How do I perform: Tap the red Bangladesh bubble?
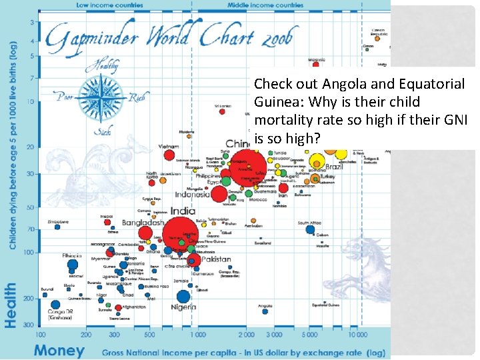pyautogui.click(x=145, y=233)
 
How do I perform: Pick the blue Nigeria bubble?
pyautogui.click(x=183, y=297)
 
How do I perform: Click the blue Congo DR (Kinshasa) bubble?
pyautogui.click(x=55, y=305)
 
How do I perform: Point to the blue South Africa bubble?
pyautogui.click(x=310, y=229)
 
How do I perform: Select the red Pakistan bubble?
pyautogui.click(x=194, y=260)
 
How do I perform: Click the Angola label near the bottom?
pyautogui.click(x=265, y=307)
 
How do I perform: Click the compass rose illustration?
pyautogui.click(x=97, y=97)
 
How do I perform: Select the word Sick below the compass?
pyautogui.click(x=97, y=133)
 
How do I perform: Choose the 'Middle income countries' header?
pyautogui.click(x=265, y=5)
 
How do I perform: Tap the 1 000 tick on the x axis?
pyautogui.click(x=197, y=335)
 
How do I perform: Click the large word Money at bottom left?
pyautogui.click(x=59, y=350)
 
